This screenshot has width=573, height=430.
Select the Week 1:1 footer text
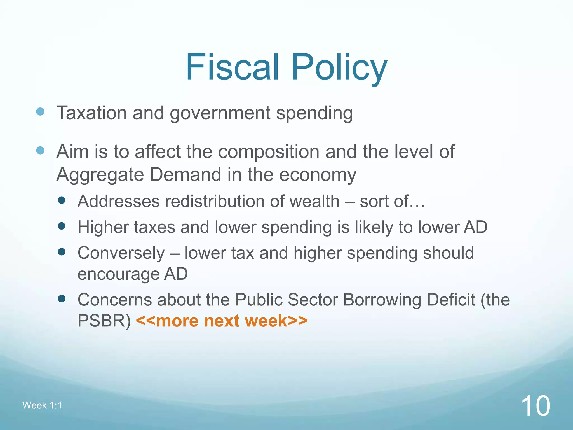coord(42,405)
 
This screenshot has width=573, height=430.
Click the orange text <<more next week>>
coord(222,321)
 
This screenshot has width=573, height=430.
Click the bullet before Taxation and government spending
coord(40,112)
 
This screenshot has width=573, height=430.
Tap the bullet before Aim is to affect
coord(40,151)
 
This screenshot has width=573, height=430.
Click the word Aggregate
coord(100,175)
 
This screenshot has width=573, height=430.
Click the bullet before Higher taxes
coord(61,226)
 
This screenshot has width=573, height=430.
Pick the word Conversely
coord(121,253)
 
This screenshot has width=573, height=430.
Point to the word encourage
coord(118,274)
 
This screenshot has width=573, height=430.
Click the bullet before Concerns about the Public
coord(61,299)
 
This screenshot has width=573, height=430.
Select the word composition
coord(269,152)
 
